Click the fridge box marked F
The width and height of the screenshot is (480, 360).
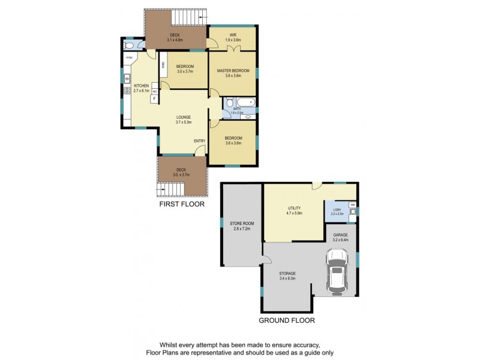(155, 98)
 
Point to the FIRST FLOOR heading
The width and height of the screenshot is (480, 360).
(181, 204)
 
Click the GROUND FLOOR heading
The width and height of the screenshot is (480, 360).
(286, 320)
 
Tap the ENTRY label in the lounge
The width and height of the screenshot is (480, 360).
(199, 141)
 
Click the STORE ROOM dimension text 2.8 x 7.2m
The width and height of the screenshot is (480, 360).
(242, 229)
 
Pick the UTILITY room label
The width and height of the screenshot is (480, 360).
(294, 208)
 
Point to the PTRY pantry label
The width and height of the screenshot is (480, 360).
(128, 58)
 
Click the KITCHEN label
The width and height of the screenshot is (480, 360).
(141, 86)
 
